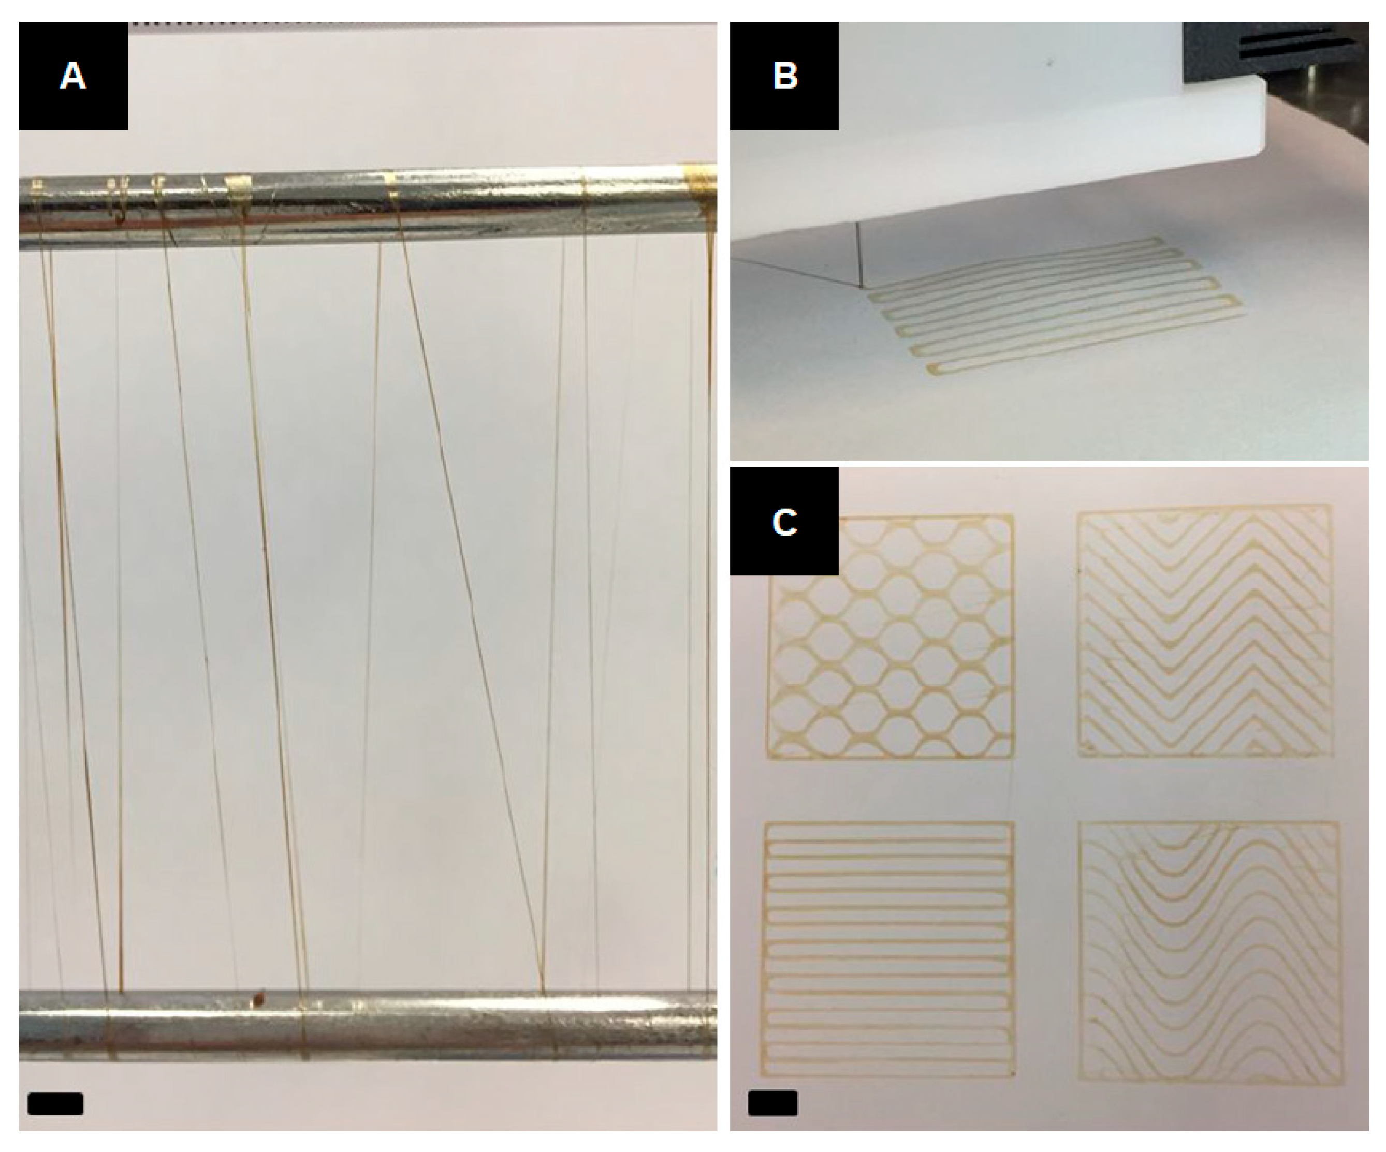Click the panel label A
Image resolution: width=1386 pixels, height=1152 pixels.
pyautogui.click(x=72, y=76)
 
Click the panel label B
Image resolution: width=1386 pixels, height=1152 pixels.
pyautogui.click(x=785, y=76)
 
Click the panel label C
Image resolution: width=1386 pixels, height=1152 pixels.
pyautogui.click(x=785, y=522)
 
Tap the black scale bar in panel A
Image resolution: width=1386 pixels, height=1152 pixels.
pyautogui.click(x=55, y=1104)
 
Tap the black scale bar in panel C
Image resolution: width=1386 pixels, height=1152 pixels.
pyautogui.click(x=772, y=1103)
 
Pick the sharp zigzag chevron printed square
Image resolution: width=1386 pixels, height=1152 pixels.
pyautogui.click(x=1204, y=630)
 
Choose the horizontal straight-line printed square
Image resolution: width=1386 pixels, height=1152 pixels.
pyautogui.click(x=889, y=950)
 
